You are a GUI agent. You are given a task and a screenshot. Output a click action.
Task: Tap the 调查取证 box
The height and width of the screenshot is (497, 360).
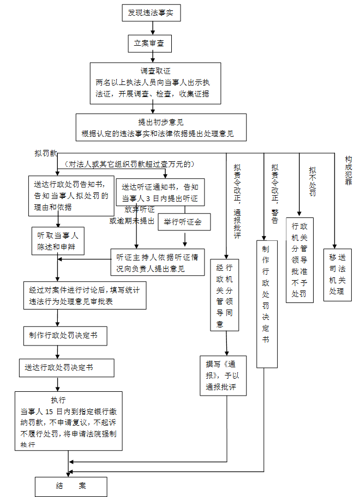pos(155,83)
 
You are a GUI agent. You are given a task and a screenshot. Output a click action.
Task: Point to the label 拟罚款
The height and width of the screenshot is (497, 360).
pos(46,155)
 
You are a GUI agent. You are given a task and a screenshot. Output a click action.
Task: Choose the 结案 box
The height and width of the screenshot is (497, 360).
pos(71,486)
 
